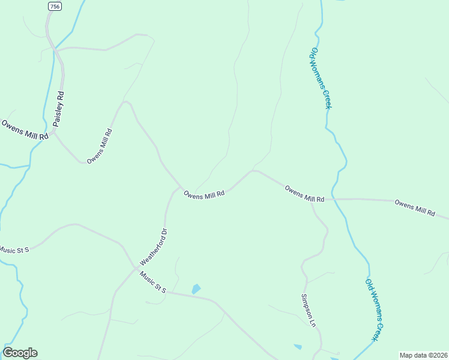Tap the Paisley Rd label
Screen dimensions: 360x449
pos(58,109)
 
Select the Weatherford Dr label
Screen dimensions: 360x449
pos(153,247)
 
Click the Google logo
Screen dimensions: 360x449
pos(20,353)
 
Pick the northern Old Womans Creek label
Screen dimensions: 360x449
pos(321,79)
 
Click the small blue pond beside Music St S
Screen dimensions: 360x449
pos(196,289)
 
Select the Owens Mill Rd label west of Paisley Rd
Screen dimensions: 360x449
pos(25,130)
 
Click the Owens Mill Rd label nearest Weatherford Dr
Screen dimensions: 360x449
pos(204,194)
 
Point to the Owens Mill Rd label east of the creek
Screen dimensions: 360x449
pos(415,208)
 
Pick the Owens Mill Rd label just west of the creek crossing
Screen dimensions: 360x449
pos(304,194)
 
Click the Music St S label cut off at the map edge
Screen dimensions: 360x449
pos(14,249)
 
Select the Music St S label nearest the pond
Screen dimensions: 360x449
pos(153,282)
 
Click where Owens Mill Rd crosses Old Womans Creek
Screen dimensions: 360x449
pos(334,199)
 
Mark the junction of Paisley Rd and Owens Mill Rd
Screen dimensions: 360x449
pos(54,133)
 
